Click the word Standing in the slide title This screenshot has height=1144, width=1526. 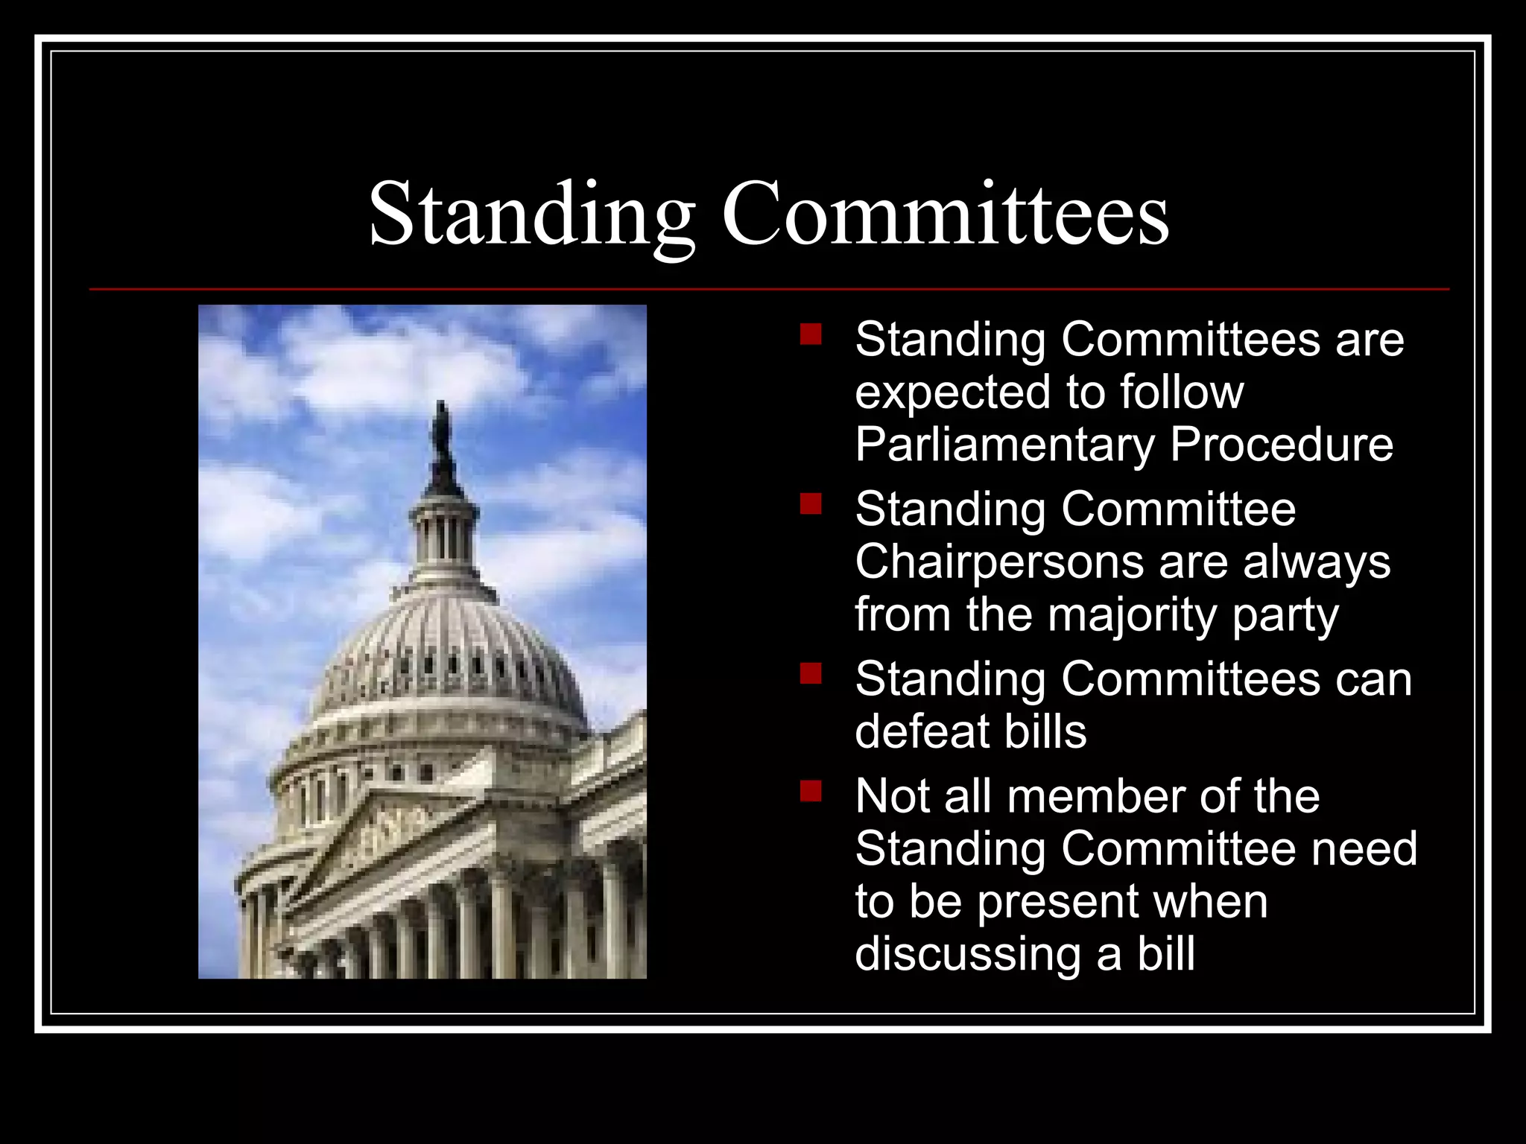(x=532, y=216)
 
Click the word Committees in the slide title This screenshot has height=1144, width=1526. (x=945, y=214)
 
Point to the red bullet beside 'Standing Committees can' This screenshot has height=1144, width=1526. (x=811, y=673)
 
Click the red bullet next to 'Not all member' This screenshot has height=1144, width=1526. (x=811, y=790)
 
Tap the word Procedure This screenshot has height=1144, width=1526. (x=1281, y=445)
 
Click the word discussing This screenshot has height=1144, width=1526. (x=967, y=955)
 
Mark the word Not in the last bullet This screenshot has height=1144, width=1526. (x=893, y=796)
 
